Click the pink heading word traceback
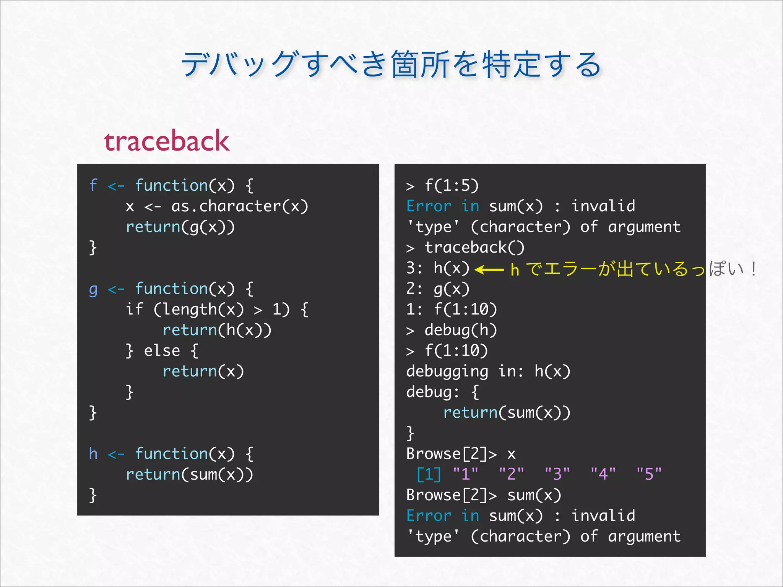(167, 141)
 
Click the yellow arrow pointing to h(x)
(489, 269)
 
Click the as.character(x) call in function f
(239, 206)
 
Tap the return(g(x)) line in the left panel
(180, 227)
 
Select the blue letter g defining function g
(93, 289)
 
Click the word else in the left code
(162, 351)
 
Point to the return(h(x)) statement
(217, 330)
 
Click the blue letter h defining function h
(93, 454)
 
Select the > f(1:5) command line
(442, 186)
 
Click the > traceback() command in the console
(465, 248)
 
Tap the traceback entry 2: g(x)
(438, 289)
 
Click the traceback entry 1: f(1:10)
(452, 310)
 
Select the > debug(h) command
(452, 330)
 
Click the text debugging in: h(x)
(488, 371)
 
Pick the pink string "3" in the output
(557, 474)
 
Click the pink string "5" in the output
(649, 474)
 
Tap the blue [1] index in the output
(429, 474)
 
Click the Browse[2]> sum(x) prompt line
(484, 495)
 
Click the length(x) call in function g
(198, 310)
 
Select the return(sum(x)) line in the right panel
(507, 413)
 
